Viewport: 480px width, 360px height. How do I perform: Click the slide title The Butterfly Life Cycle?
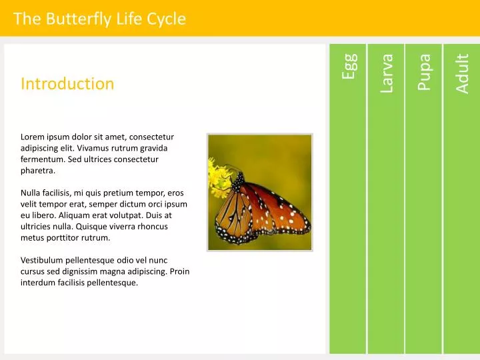tap(99, 19)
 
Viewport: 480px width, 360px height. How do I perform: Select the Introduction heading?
tap(67, 83)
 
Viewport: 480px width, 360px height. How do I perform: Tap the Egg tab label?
tap(349, 67)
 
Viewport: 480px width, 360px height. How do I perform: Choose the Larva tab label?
tap(387, 73)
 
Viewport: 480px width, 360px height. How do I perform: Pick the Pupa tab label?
tap(424, 71)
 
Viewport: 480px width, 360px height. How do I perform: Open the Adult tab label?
tap(462, 73)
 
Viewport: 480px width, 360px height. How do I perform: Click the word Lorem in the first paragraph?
tap(33, 137)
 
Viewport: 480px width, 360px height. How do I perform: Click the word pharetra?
tap(38, 171)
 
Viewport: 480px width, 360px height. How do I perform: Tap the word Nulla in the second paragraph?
tap(32, 193)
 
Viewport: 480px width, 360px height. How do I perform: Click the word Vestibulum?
tap(44, 260)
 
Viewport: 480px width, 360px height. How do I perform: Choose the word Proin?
tap(179, 271)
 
